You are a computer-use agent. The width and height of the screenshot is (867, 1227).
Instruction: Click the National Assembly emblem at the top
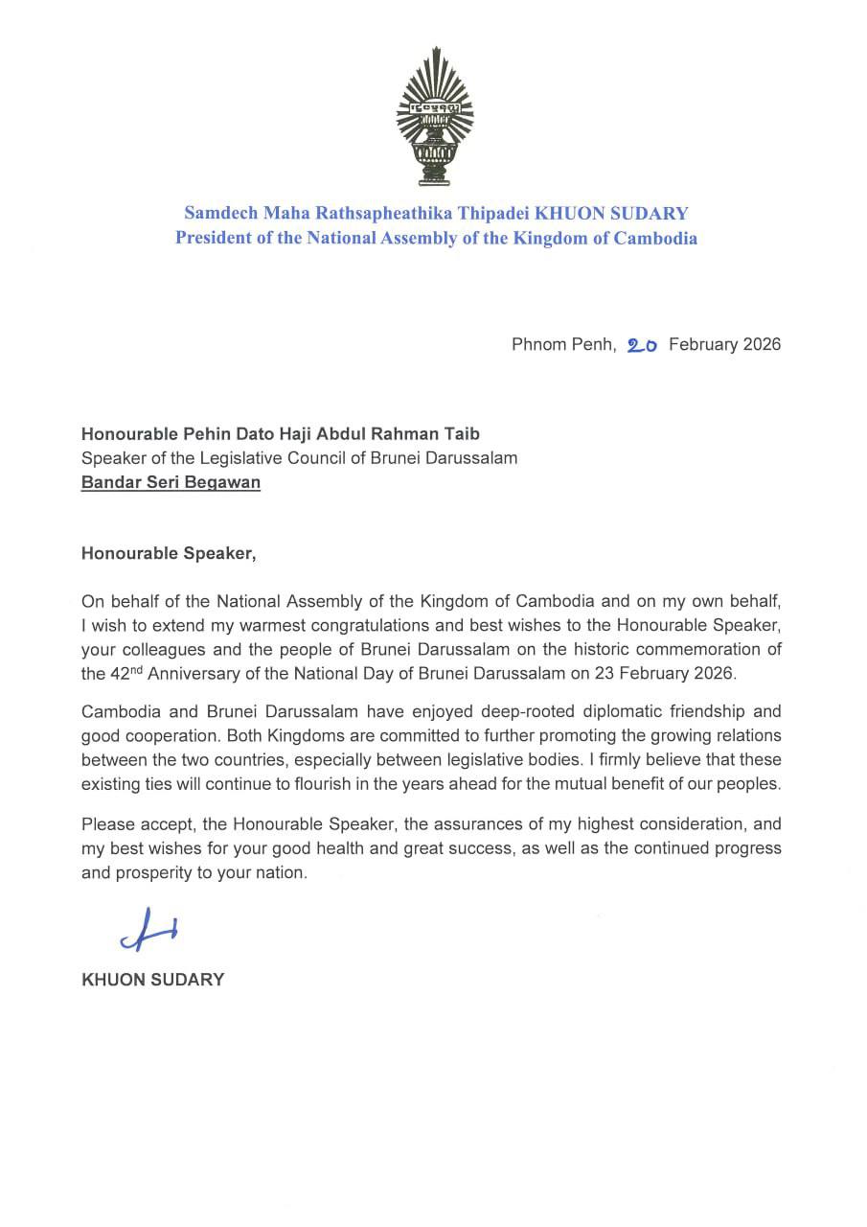435,116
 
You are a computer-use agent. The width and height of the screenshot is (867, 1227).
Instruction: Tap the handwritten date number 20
641,345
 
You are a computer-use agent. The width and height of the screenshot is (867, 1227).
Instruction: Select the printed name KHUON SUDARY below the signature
153,980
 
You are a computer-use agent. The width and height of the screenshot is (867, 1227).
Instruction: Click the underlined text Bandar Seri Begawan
171,482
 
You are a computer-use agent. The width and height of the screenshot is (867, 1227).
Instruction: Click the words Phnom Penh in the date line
562,344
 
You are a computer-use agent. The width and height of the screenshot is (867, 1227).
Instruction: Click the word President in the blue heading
212,238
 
